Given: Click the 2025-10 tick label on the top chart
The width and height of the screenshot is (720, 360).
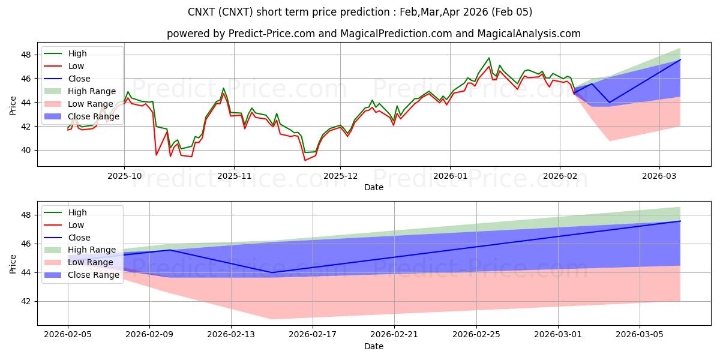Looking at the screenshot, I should pos(124,176).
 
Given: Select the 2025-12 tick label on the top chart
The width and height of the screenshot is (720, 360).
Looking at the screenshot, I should pos(340,176).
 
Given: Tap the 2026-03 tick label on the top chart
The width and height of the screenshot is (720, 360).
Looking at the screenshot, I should pos(659,176).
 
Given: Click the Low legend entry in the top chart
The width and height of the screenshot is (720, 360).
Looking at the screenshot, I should pos(76,66).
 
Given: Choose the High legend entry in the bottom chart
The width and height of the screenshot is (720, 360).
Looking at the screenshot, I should pos(77,212).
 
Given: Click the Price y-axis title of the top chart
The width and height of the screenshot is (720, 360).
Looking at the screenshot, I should pos(13,105).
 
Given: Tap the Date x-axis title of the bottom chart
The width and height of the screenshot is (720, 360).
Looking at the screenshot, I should pos(374,346).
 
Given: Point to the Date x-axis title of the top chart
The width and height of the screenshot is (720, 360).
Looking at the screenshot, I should pos(374,188).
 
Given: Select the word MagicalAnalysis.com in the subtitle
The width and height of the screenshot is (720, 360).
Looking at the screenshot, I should pos(529,34).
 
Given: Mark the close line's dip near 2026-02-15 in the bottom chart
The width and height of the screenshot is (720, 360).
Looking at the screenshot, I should pos(272,272).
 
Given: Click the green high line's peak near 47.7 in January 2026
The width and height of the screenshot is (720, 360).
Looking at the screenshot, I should pos(489,58).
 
